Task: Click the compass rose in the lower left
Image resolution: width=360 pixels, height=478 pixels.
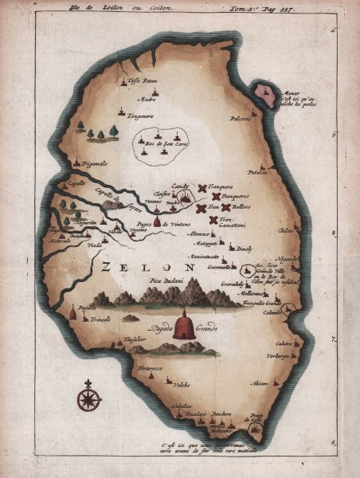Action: (88, 394)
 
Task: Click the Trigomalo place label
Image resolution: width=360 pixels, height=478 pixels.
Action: (94, 163)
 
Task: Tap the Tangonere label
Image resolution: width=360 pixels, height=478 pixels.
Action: (138, 115)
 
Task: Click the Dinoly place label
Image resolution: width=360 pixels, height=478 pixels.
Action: (244, 249)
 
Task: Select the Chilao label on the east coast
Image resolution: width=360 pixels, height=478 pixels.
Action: (285, 229)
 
